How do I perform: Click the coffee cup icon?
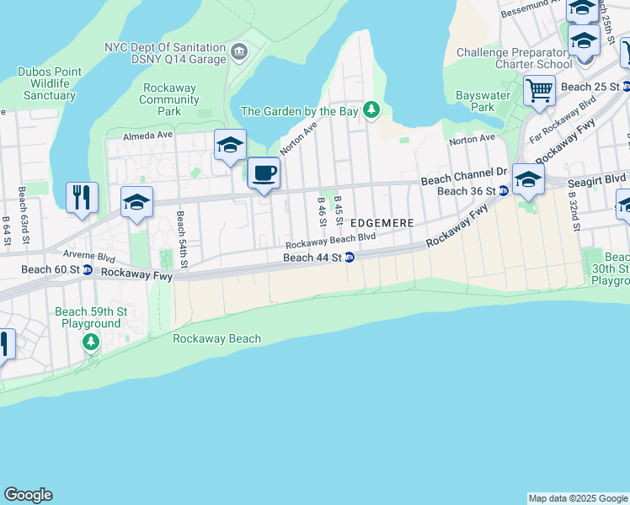(x=264, y=173)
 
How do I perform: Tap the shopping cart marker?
(x=539, y=89)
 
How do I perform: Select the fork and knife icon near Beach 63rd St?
(x=82, y=198)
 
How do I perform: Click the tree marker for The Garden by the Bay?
(x=371, y=110)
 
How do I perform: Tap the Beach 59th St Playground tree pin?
(x=90, y=342)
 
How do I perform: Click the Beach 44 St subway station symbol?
(x=348, y=258)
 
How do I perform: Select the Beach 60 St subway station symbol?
(x=87, y=270)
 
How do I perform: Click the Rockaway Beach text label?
(x=216, y=338)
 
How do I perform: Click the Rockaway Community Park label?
(x=170, y=99)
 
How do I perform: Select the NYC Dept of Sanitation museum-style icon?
(x=239, y=54)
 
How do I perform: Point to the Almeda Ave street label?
(x=147, y=136)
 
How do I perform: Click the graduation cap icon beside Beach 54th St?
(x=136, y=202)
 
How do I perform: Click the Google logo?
(x=28, y=495)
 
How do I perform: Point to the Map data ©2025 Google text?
(x=577, y=498)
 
